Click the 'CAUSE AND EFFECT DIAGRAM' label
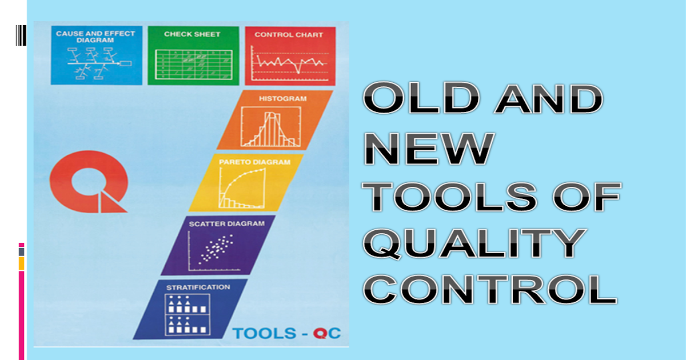(x=95, y=37)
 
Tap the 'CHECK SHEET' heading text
(x=192, y=34)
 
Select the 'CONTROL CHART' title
(x=289, y=35)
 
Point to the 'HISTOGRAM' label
(x=282, y=98)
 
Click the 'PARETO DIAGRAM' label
(x=254, y=162)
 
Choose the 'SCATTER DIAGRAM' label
(x=226, y=224)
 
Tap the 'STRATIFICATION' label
(x=198, y=287)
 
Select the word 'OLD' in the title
(x=421, y=98)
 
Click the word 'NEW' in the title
(x=429, y=149)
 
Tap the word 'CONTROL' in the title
(x=490, y=289)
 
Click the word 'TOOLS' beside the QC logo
(x=264, y=333)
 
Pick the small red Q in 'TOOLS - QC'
(x=320, y=333)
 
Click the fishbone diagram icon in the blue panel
(x=99, y=63)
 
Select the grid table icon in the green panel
(x=194, y=64)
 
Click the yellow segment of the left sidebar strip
(x=22, y=263)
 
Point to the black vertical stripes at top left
(x=21, y=35)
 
